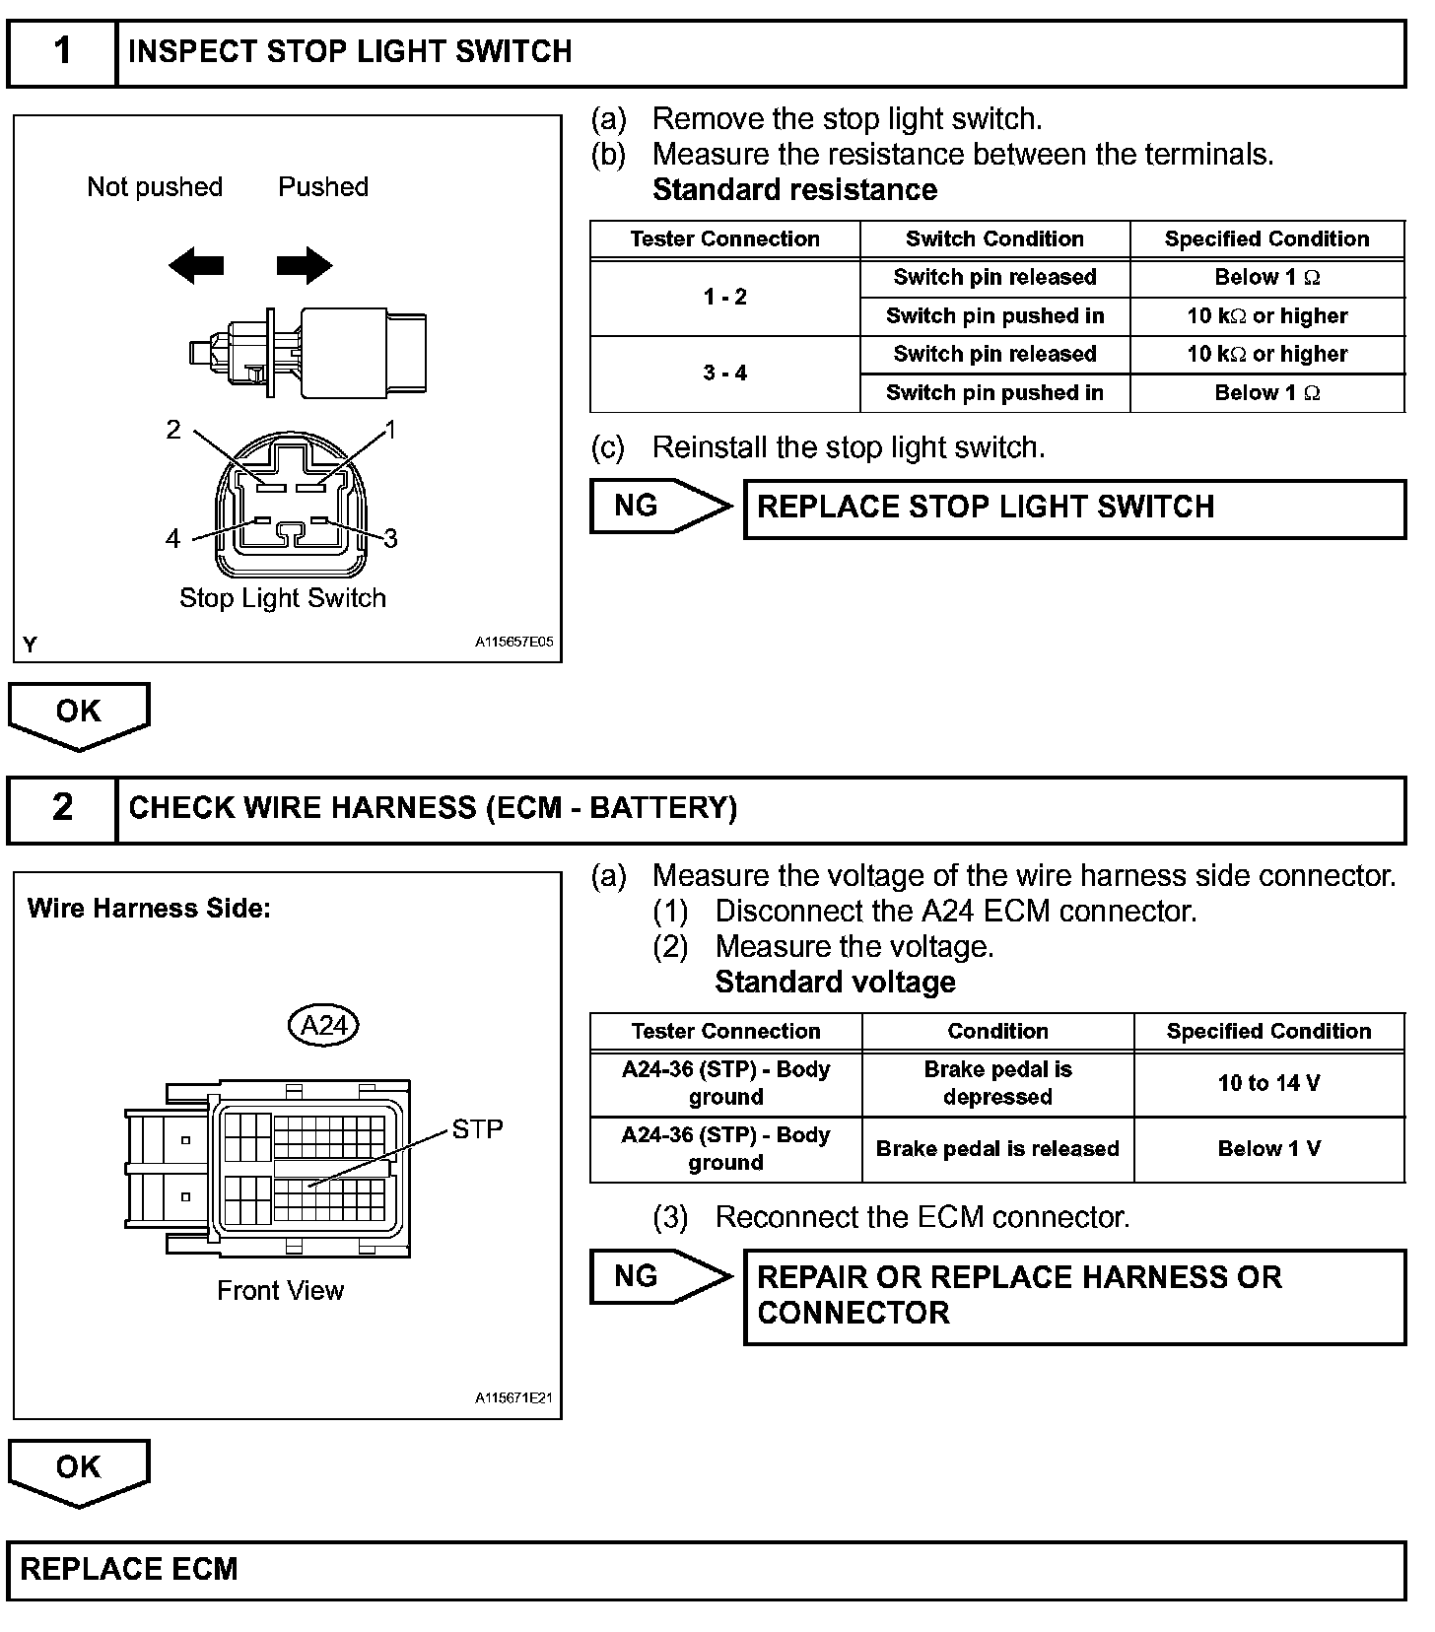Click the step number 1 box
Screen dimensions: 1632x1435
point(62,52)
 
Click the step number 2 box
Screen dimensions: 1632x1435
point(62,808)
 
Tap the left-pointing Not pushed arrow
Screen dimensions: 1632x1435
point(195,265)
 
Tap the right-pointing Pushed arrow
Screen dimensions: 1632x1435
point(305,265)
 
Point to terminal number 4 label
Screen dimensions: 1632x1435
point(173,538)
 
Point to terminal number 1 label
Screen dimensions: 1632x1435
point(391,431)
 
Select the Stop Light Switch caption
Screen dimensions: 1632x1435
point(283,598)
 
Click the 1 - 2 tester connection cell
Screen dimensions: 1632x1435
point(724,298)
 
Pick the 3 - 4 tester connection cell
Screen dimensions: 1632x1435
point(724,374)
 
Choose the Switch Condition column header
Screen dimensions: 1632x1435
point(994,239)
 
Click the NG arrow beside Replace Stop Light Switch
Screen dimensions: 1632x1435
point(660,507)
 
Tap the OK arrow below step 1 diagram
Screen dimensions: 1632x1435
point(79,714)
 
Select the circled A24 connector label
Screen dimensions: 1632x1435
point(323,1026)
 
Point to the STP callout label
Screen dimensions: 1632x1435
point(477,1129)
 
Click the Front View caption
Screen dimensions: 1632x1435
point(281,1291)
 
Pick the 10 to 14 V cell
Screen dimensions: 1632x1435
point(1268,1084)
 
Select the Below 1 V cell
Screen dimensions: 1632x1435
point(1268,1149)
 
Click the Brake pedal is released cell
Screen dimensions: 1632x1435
point(997,1149)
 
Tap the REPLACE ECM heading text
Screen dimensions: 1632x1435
point(129,1570)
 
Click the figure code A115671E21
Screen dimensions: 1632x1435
point(513,1398)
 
